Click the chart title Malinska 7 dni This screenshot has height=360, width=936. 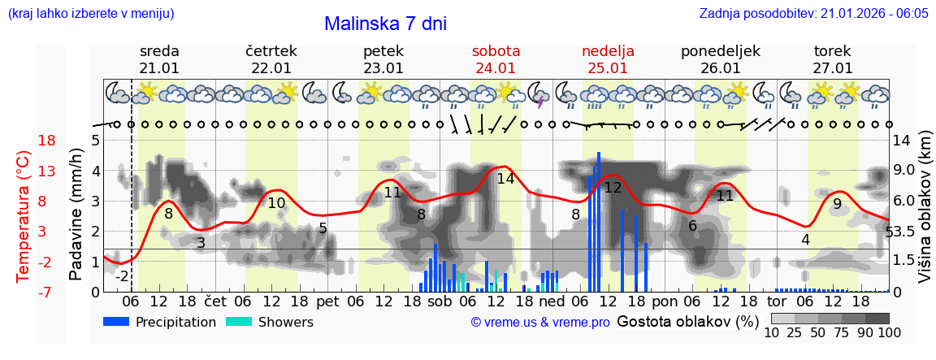pyautogui.click(x=385, y=24)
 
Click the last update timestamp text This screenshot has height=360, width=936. pyautogui.click(x=813, y=14)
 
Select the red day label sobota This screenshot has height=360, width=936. pyautogui.click(x=496, y=51)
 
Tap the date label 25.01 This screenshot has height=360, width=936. pyautogui.click(x=608, y=68)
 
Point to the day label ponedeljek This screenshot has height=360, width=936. pyautogui.click(x=720, y=51)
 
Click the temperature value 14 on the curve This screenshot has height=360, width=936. pyautogui.click(x=505, y=179)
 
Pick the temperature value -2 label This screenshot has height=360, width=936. pyautogui.click(x=122, y=276)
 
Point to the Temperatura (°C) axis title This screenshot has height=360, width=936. pyautogui.click(x=23, y=216)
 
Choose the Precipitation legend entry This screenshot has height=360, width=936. pyautogui.click(x=159, y=322)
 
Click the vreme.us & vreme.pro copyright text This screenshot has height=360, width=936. pyautogui.click(x=540, y=323)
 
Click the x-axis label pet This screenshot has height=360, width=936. pyautogui.click(x=327, y=301)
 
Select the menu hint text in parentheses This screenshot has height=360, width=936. pyautogui.click(x=90, y=14)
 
